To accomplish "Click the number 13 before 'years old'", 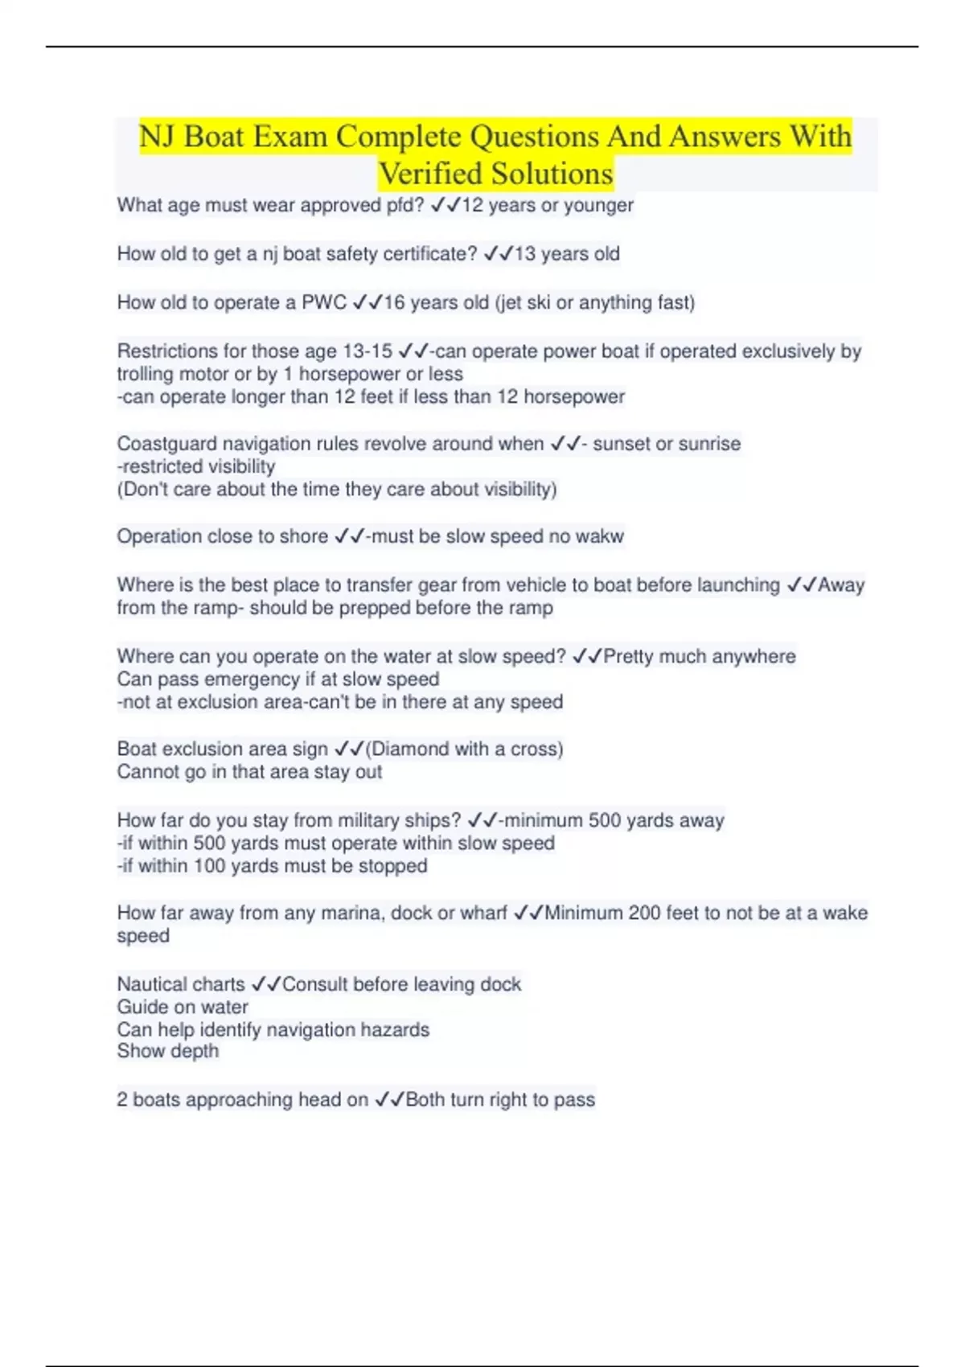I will (x=524, y=254).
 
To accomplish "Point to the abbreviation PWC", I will (x=324, y=302).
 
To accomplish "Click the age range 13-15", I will (x=368, y=351).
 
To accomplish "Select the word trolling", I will (x=146, y=374).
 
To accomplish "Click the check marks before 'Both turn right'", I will (x=389, y=1100).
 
